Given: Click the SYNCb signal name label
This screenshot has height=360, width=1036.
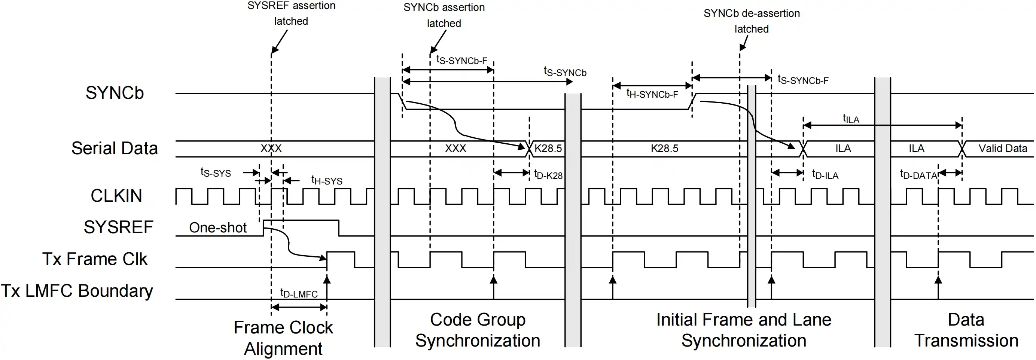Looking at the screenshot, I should coord(114,93).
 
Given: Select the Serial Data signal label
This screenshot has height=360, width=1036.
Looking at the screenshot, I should coord(114,148).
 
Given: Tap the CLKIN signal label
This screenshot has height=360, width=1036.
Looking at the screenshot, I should coord(116,196).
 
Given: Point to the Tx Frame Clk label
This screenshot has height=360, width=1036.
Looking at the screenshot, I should coord(95,259).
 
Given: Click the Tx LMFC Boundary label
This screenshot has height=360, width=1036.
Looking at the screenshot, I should coord(77,291).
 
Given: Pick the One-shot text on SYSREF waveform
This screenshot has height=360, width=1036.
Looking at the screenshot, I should coord(217,228).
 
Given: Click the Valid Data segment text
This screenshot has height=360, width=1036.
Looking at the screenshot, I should coord(1002,149).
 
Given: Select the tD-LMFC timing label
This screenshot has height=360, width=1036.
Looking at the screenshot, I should coord(299,293).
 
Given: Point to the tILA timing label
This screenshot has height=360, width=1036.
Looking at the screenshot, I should coord(851,119).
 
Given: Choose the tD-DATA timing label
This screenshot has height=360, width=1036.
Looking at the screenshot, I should coord(918,174).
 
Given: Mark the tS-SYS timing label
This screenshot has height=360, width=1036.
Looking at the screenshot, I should coord(216,172).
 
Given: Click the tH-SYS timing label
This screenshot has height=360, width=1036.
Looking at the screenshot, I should coord(327,180).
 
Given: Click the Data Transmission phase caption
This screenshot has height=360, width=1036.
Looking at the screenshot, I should coord(966,330).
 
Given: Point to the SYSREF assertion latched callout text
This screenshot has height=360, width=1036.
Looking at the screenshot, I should coord(291,13).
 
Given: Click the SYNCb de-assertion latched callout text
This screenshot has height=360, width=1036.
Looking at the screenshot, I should coord(751,21).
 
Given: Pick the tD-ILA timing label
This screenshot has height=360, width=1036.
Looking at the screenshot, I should coord(825,174).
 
